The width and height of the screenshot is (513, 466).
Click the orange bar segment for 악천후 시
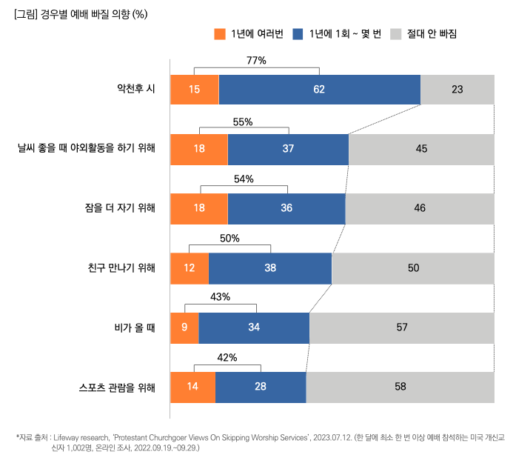tap(195, 90)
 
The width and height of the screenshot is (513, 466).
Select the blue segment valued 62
tap(319, 90)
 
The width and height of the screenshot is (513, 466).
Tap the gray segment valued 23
tap(457, 90)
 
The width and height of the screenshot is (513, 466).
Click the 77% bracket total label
tap(256, 61)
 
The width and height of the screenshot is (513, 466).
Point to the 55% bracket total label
tap(243, 121)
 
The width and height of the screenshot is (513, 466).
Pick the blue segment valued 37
tap(288, 149)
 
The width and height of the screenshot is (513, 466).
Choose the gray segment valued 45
tap(421, 149)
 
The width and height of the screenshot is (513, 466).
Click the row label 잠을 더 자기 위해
tap(120, 208)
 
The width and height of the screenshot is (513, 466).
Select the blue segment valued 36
tap(286, 208)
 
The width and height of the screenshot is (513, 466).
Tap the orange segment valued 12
tap(190, 268)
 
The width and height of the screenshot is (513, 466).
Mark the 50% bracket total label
tap(230, 239)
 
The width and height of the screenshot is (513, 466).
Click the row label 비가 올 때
tap(130, 327)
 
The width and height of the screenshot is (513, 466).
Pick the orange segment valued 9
tap(184, 327)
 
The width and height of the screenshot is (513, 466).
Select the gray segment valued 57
tap(402, 327)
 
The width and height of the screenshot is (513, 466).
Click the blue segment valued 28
tap(261, 387)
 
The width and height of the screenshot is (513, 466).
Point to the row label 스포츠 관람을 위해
tap(117, 387)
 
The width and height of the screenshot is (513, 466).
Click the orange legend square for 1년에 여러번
tap(219, 34)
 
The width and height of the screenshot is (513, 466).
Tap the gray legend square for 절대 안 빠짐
tap(395, 34)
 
